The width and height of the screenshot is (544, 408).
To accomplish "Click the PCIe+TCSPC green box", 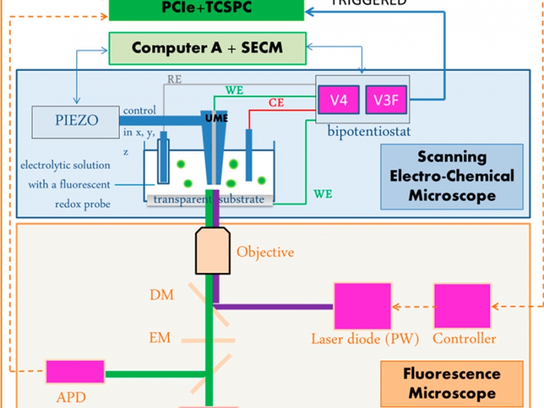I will click(x=207, y=9).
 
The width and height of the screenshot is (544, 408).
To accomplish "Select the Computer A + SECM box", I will click(x=207, y=48).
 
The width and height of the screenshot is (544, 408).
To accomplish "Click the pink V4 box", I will click(x=338, y=100).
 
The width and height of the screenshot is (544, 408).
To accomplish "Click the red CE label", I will click(x=277, y=103).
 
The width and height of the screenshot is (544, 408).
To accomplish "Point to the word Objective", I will click(x=265, y=251).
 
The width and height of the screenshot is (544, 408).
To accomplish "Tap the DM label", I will click(x=161, y=295).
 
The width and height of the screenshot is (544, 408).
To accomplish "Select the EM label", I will click(x=161, y=337).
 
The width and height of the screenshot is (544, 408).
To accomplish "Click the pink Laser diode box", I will click(x=362, y=306).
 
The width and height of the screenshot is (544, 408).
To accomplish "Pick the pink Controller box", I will click(x=461, y=306).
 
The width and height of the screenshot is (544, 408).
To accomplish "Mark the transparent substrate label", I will click(x=209, y=199).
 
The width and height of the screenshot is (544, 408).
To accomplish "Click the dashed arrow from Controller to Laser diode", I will click(x=412, y=306).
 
